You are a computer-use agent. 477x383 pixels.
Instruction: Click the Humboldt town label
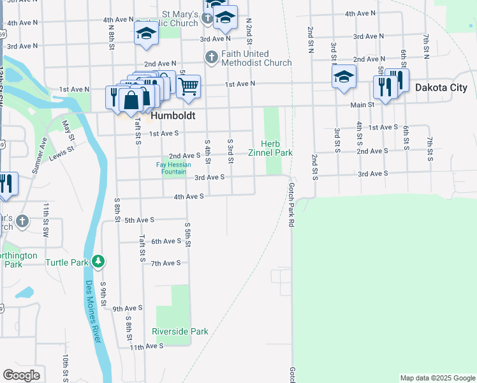point(172,117)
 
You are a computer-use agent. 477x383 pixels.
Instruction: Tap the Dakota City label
point(441,87)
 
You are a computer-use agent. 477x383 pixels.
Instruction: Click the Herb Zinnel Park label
point(275,148)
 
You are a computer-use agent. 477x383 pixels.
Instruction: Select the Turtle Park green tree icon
point(98,261)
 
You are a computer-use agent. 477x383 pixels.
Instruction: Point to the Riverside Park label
point(180,331)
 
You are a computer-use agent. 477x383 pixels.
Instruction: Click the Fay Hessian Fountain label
point(173,169)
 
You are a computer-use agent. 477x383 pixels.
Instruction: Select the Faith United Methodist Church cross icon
point(211,57)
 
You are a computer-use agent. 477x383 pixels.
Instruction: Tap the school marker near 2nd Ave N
point(344,77)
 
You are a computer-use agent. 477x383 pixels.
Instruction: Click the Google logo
point(21,375)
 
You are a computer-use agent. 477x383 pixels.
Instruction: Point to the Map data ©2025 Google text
point(437,378)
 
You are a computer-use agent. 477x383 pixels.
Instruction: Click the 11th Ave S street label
point(146,345)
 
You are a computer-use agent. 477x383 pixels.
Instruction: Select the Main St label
point(362,105)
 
